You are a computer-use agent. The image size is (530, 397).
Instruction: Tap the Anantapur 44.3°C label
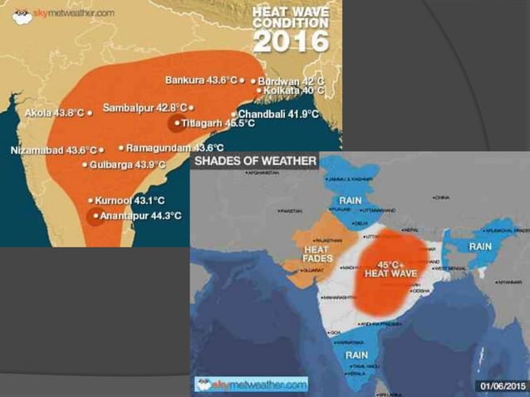click(x=140, y=216)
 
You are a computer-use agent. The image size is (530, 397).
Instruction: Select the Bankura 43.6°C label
click(x=202, y=81)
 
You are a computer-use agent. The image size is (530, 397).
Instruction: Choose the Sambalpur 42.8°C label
click(x=145, y=108)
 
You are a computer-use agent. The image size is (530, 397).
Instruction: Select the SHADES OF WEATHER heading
click(x=255, y=160)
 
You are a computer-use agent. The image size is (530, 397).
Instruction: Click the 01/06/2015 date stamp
click(x=502, y=385)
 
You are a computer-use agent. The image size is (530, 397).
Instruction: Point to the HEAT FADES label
click(x=317, y=253)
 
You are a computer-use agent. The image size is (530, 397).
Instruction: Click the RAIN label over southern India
click(x=357, y=355)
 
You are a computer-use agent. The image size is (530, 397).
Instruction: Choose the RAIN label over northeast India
click(x=480, y=247)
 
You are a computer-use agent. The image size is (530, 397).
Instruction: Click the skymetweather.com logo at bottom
click(x=251, y=384)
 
